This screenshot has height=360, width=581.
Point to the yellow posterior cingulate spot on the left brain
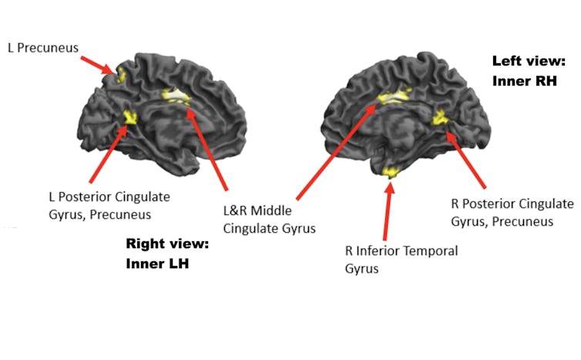129,117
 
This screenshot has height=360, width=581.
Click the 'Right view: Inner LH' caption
167,254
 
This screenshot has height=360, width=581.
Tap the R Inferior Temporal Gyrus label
401,259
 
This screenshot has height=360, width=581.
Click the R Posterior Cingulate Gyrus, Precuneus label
512,212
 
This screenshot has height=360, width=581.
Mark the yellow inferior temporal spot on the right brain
391,170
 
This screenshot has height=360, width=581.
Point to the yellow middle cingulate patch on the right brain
395,97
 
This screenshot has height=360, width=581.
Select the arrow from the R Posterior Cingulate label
466,159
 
